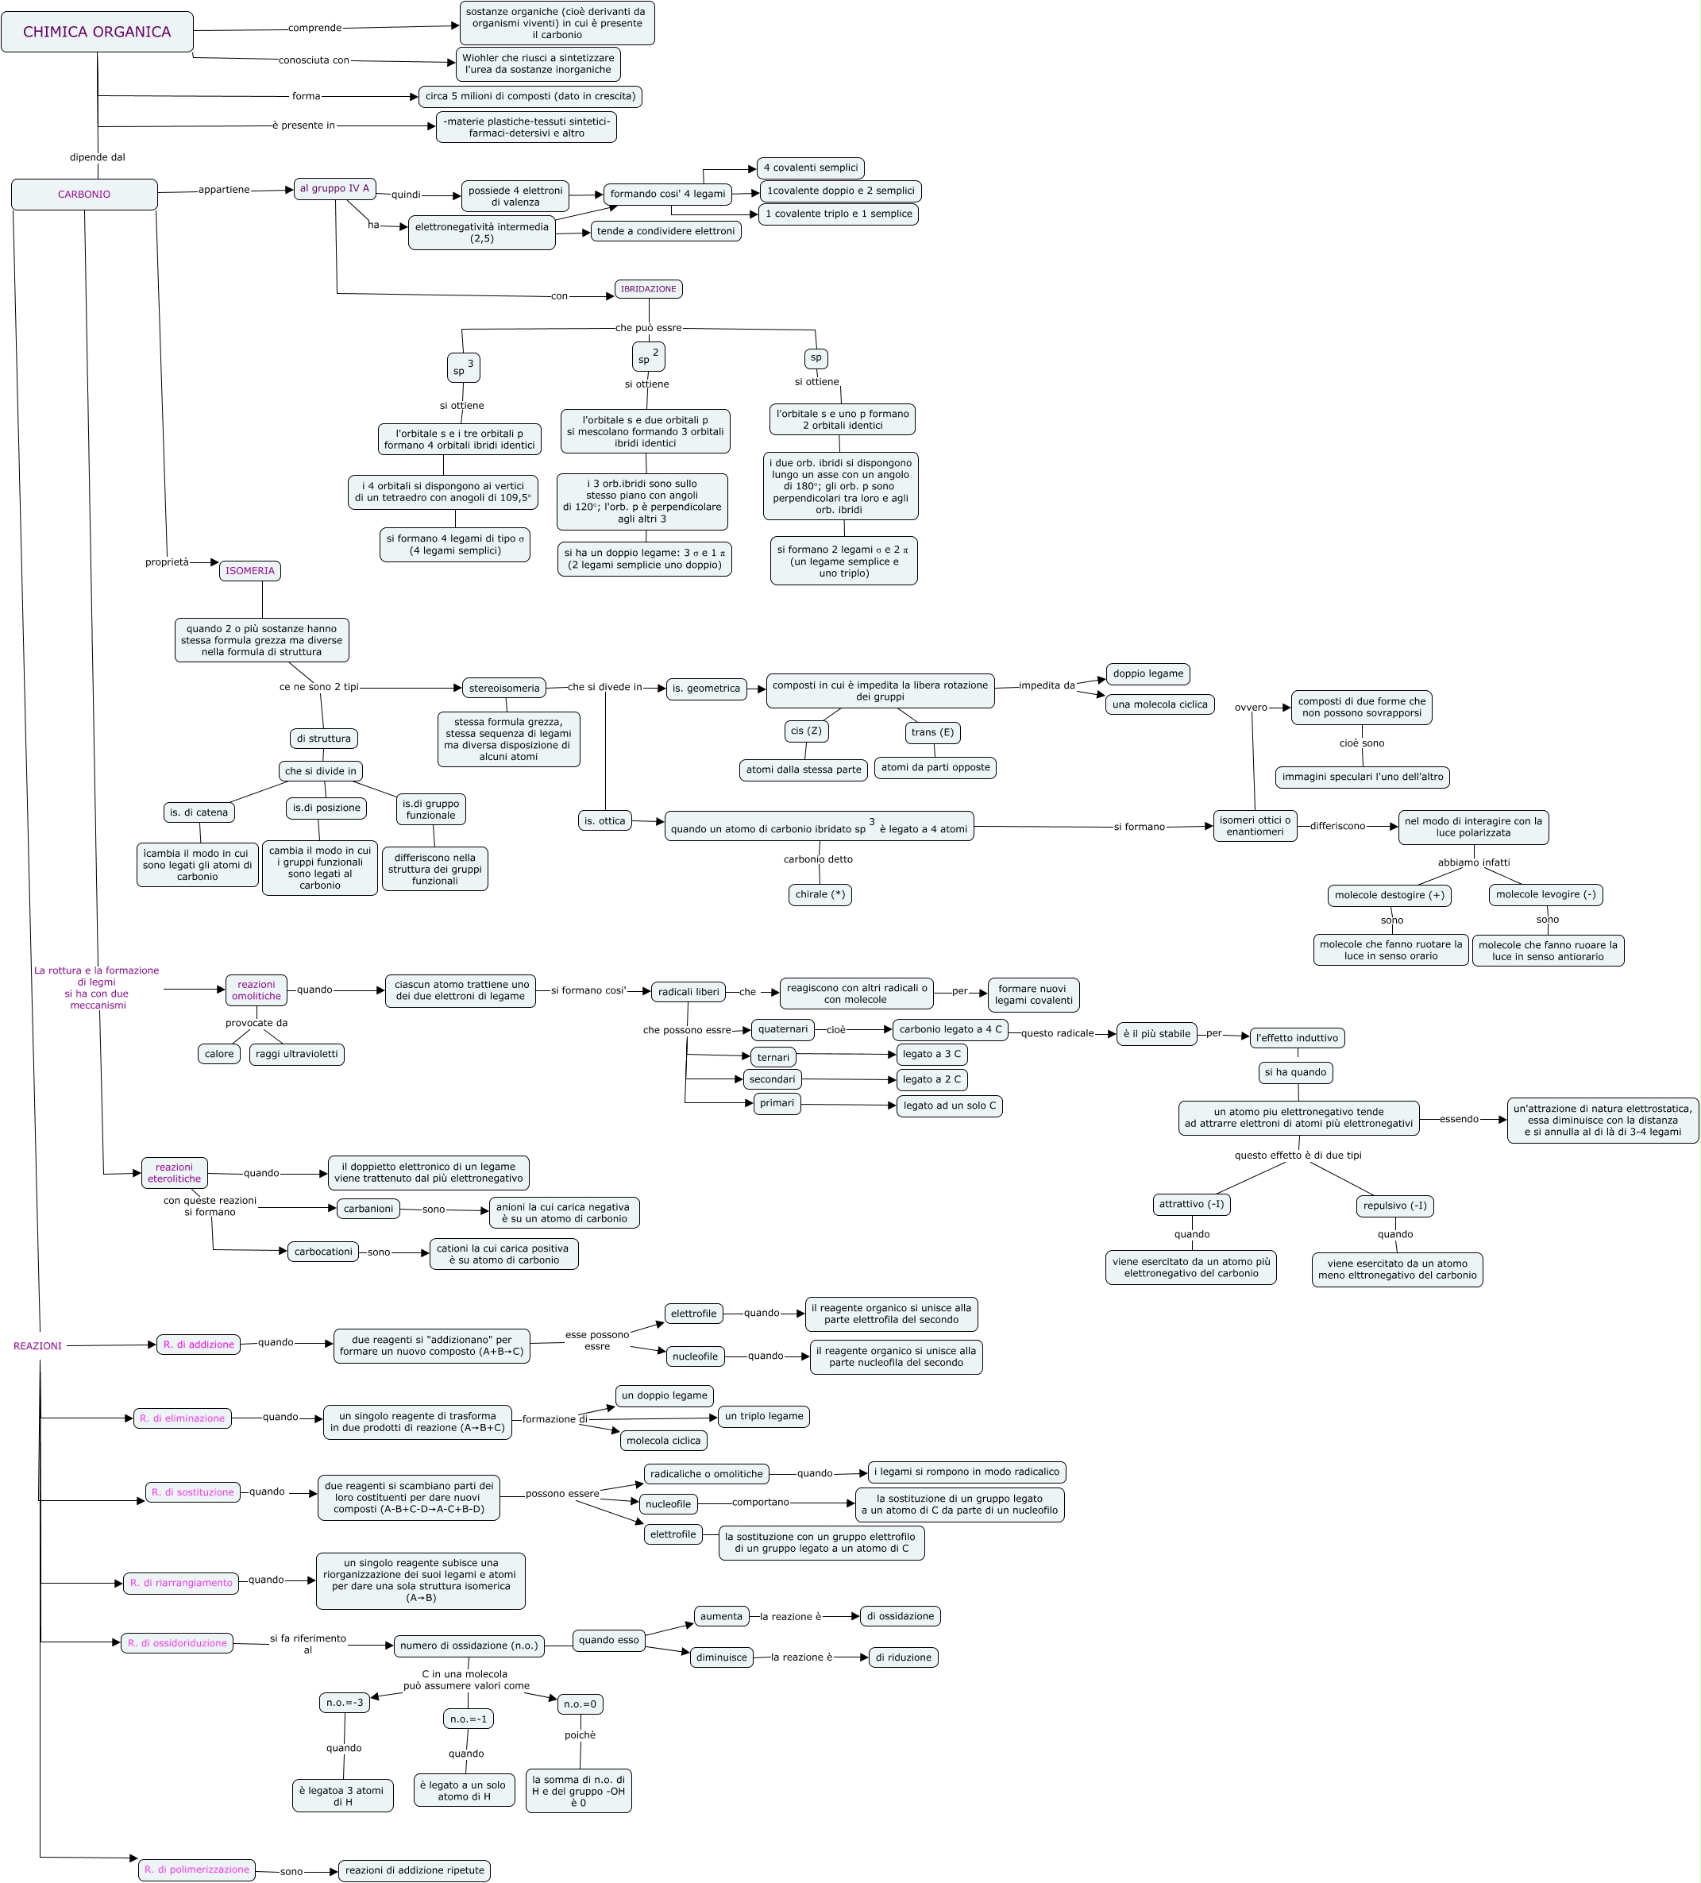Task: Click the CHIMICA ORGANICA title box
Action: (97, 32)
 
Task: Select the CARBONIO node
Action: (84, 195)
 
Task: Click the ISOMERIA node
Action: (250, 571)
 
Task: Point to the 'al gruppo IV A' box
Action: (334, 189)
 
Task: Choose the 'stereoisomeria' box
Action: (504, 689)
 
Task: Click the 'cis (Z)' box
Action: (806, 731)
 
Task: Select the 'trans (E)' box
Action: (932, 732)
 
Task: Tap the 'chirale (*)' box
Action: (820, 895)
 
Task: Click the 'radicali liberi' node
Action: (689, 992)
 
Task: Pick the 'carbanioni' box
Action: (368, 1209)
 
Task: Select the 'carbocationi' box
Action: (323, 1252)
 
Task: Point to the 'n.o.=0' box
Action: (580, 1704)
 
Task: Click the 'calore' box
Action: (219, 1055)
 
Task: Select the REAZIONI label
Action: (37, 1346)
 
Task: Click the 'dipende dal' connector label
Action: (97, 158)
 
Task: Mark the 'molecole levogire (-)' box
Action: (1545, 895)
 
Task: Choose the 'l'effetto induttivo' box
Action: (1297, 1038)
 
